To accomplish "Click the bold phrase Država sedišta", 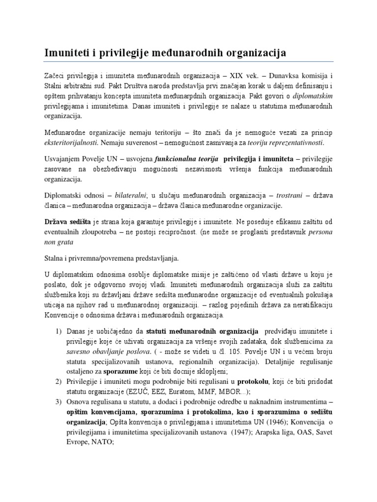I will coord(66,223).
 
